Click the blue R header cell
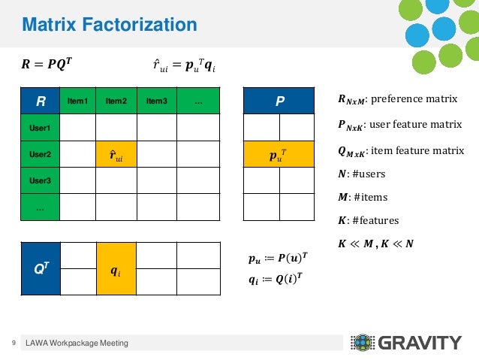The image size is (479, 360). (x=41, y=100)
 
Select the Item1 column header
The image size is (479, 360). (x=78, y=101)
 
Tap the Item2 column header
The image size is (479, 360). (x=116, y=101)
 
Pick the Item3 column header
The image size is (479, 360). (x=157, y=101)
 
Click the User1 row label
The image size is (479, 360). (x=41, y=128)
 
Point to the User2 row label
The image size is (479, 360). (x=41, y=155)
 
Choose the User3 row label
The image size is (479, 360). (x=41, y=181)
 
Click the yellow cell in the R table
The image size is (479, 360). (x=116, y=155)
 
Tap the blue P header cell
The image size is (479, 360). (x=279, y=101)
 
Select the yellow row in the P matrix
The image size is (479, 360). (x=279, y=155)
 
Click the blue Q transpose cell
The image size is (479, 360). (x=41, y=269)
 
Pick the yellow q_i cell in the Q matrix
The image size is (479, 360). (x=116, y=269)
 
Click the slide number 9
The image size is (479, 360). (x=14, y=343)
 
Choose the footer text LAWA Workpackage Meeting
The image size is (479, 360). (x=77, y=343)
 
